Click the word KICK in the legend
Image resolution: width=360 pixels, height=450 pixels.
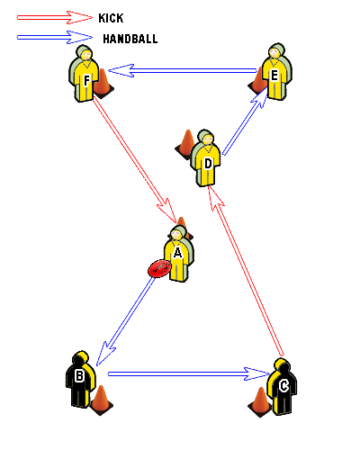111,18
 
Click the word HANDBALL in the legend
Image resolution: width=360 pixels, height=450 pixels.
130,39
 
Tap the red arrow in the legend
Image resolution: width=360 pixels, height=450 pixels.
55,18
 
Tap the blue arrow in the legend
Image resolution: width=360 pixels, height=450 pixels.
55,38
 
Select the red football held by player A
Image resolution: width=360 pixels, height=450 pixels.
159,268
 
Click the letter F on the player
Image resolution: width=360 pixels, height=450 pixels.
86,80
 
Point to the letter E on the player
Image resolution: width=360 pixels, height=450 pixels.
274,76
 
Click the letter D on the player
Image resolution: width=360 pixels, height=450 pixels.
208,164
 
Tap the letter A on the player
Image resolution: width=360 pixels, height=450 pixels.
177,253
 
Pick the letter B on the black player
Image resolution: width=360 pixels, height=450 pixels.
79,376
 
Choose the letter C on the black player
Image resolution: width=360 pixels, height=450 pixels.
283,386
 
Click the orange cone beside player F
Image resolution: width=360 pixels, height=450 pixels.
103,84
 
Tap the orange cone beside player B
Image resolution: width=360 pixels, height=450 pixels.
102,400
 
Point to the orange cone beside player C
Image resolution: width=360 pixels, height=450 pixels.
260,402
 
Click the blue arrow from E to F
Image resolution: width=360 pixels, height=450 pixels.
183,71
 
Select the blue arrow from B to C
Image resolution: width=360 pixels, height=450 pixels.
189,373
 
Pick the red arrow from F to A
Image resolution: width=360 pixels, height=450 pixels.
134,161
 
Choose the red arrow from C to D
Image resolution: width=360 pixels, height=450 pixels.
246,271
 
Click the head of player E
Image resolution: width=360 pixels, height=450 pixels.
274,52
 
